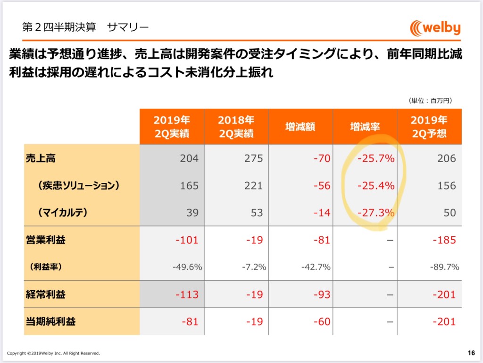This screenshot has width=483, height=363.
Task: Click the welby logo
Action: (x=435, y=28)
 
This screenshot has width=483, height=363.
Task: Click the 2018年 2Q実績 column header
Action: (x=236, y=127)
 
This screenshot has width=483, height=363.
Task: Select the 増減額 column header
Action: (x=300, y=127)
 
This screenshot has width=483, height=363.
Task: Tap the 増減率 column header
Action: (x=365, y=127)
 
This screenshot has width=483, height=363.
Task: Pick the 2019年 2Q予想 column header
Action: (x=429, y=127)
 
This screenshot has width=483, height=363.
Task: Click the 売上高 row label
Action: (x=41, y=158)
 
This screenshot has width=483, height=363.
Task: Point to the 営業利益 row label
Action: (x=46, y=240)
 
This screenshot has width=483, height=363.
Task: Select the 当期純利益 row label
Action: (x=50, y=321)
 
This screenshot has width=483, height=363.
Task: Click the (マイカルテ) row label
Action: (x=63, y=212)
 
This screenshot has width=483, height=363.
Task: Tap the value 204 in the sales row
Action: (x=189, y=158)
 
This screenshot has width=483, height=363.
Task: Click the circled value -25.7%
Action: (x=376, y=158)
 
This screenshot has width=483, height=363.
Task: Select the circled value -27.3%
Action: (x=376, y=213)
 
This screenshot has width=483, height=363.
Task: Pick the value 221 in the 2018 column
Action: (x=253, y=185)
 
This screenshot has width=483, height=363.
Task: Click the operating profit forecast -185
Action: (x=444, y=240)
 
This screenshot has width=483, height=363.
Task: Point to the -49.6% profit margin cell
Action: (x=187, y=267)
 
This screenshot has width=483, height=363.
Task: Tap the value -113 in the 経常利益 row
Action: (x=187, y=294)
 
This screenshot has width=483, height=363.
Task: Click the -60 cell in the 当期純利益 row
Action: (x=322, y=321)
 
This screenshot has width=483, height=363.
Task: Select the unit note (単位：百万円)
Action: (x=430, y=100)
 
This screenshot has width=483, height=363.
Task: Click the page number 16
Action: (x=471, y=353)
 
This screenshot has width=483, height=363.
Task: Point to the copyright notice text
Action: (x=53, y=353)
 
